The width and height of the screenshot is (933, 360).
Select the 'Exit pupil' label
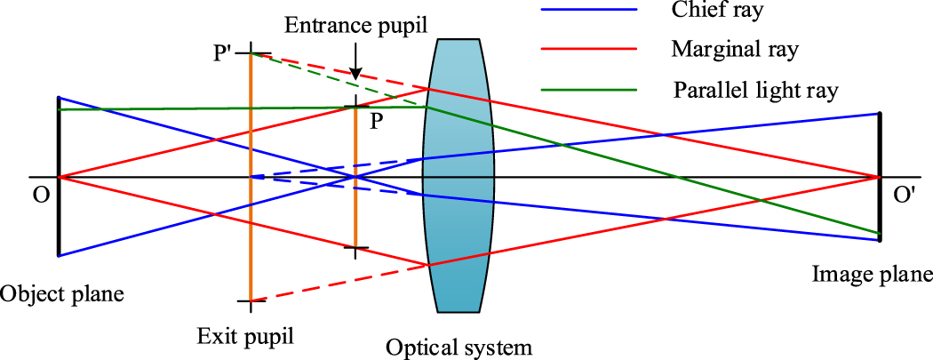coord(245,337)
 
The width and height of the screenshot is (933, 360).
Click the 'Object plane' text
coord(61,292)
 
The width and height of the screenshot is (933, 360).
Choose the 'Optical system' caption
coord(459,347)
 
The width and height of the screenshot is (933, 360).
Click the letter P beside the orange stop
coord(377,122)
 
